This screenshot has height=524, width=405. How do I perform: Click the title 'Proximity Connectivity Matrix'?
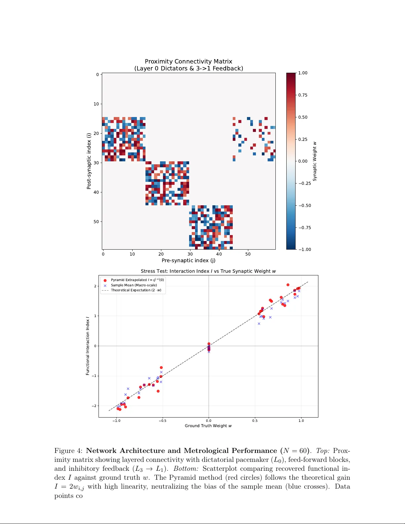coord(188,61)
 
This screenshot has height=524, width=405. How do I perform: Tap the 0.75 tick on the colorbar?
coord(303,95)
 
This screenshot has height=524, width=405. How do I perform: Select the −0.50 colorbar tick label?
coord(304,206)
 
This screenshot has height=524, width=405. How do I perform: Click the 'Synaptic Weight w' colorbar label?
coord(315,161)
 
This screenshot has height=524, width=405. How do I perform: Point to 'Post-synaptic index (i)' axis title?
coord(89,161)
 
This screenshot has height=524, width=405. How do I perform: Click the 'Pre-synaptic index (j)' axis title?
coord(188,261)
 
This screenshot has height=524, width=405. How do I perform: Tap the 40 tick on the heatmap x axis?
coord(219,254)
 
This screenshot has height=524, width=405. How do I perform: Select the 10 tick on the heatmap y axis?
coord(96,104)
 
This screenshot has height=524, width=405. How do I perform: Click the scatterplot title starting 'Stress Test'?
coord(208,271)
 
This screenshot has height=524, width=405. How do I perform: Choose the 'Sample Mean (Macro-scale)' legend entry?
coord(134,285)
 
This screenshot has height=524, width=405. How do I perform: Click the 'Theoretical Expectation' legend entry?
coord(136,290)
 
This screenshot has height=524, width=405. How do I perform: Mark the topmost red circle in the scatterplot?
coord(288,285)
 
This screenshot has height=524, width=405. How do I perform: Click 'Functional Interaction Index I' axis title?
coord(88,346)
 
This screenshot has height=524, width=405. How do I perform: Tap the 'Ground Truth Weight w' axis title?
coord(208,426)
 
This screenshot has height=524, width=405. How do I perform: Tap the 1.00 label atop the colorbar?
coord(303,73)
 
